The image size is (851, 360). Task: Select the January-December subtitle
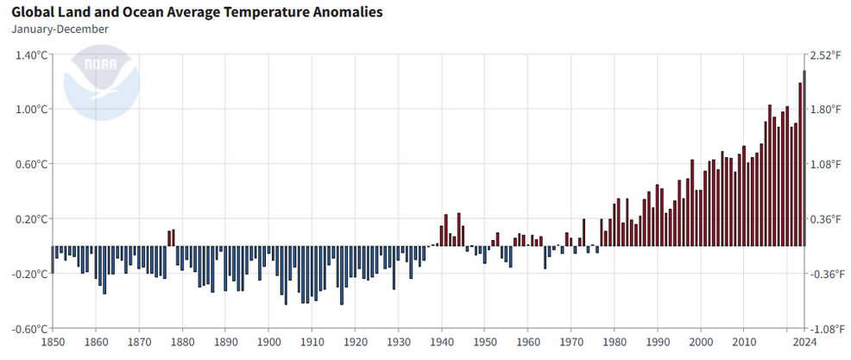[x=60, y=28]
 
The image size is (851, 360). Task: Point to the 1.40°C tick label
[x=29, y=54]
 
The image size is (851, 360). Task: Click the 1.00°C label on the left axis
[x=29, y=110]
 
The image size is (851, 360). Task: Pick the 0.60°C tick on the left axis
[x=29, y=164]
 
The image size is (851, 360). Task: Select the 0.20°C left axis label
[x=29, y=219]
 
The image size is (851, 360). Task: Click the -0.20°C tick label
[x=28, y=274]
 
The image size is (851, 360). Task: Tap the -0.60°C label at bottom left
[x=28, y=329]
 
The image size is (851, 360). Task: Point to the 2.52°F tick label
[x=826, y=54]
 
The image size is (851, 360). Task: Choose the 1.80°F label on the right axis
[x=826, y=110]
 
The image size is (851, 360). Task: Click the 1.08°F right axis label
[x=826, y=164]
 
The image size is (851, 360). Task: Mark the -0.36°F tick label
[x=824, y=274]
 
